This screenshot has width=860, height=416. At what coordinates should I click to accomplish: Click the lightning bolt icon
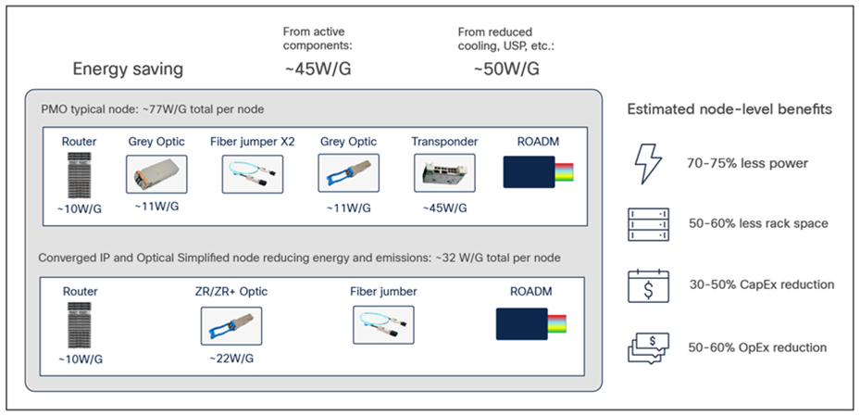[646, 164]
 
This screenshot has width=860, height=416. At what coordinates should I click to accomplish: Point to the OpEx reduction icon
[647, 346]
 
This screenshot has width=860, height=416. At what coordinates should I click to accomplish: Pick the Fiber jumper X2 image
[254, 173]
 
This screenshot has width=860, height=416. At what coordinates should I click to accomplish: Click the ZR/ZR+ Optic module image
[231, 325]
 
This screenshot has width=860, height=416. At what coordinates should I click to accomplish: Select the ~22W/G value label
[231, 359]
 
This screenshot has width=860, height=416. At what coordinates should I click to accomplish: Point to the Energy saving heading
[128, 69]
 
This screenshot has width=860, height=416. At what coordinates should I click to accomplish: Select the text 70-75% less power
[747, 164]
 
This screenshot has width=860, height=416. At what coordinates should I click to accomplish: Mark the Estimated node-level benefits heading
[729, 109]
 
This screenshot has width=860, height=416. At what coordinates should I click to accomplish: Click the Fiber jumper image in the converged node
[383, 325]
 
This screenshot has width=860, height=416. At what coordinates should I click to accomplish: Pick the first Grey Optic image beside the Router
[156, 173]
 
